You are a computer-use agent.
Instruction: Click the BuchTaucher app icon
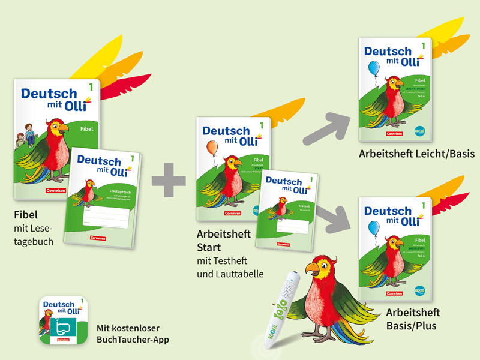click(x=62, y=319)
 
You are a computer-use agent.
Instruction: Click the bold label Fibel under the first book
click(x=25, y=214)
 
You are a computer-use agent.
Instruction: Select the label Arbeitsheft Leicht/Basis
click(x=416, y=154)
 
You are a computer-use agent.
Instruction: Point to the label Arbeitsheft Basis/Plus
click(x=413, y=319)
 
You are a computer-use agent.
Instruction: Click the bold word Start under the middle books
click(x=209, y=247)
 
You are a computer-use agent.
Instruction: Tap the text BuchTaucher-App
click(x=133, y=340)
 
